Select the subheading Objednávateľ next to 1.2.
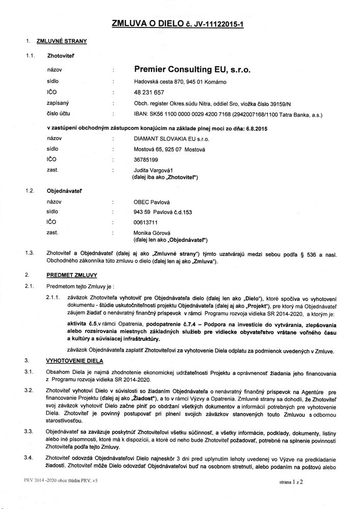pyautogui.click(x=65, y=191)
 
